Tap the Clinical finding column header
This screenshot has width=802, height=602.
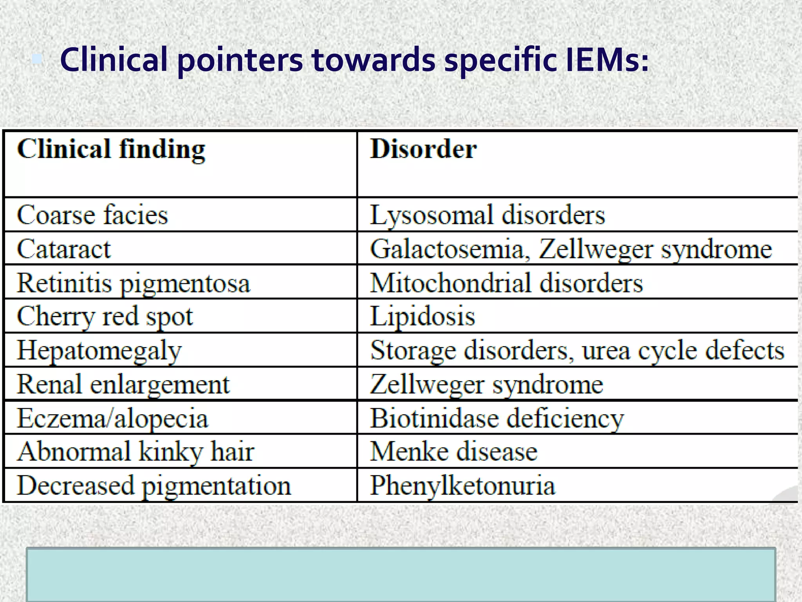click(111, 149)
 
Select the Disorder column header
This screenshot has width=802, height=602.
click(423, 149)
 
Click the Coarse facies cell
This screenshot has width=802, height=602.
click(92, 215)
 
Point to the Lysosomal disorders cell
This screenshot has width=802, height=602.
click(488, 215)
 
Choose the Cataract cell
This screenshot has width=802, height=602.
click(64, 249)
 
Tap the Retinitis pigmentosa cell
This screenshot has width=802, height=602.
click(134, 283)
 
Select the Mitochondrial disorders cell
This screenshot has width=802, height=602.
click(506, 283)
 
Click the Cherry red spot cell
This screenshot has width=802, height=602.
click(105, 316)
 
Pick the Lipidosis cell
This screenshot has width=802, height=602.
click(423, 316)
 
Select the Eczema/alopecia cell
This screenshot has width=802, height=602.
click(113, 418)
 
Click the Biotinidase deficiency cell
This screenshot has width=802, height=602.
click(497, 418)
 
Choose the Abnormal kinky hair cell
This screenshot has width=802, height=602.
click(136, 451)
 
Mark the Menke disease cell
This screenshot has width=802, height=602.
click(453, 451)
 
